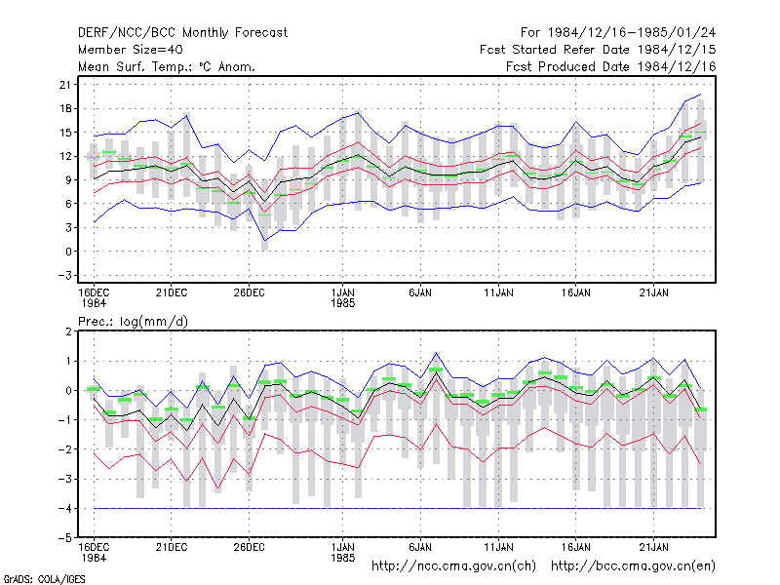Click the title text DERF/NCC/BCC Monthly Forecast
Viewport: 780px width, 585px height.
[x=182, y=33]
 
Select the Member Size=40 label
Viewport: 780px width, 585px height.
[x=131, y=50]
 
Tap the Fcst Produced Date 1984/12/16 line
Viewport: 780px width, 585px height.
[x=611, y=66]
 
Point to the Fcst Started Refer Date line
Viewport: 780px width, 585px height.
[x=598, y=50]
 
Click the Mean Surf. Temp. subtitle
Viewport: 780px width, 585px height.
[x=167, y=66]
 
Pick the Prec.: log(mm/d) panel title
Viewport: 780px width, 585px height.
[x=134, y=322]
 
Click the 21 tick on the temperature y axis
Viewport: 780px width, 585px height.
[x=65, y=85]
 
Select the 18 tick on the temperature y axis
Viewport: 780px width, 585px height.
[x=65, y=108]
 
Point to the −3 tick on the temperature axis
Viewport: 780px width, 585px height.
[x=63, y=275]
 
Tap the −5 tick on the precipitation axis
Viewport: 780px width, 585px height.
[x=63, y=538]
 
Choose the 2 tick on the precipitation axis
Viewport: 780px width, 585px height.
[x=68, y=331]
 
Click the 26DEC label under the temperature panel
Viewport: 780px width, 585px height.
[x=250, y=292]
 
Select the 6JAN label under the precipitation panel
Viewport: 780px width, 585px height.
[x=420, y=547]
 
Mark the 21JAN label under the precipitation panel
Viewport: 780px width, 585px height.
[x=653, y=547]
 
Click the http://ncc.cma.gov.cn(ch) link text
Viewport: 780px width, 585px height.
[x=453, y=566]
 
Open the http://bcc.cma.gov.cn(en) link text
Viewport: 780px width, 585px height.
[x=633, y=566]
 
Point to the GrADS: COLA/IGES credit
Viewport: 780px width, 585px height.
[x=44, y=579]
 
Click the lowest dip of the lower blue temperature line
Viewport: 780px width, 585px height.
[x=264, y=241]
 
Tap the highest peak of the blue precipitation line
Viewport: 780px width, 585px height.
[x=436, y=353]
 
